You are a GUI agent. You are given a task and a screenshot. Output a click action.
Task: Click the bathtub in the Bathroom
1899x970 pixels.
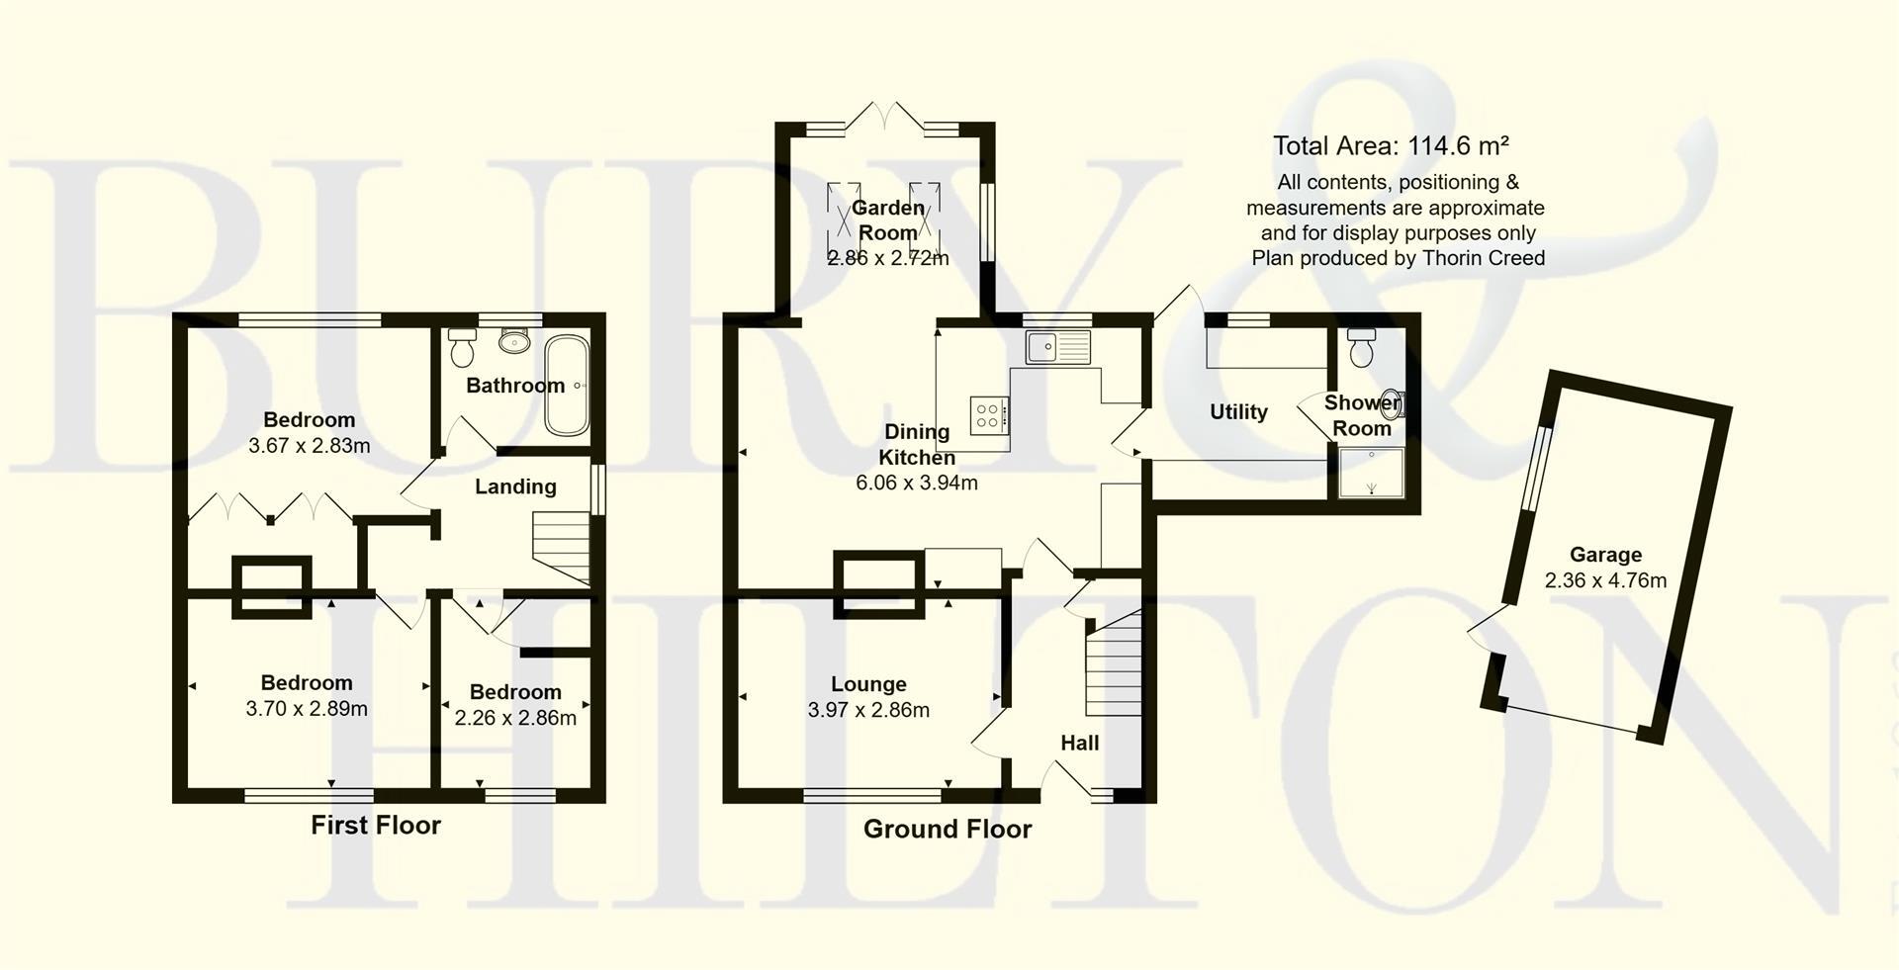pyautogui.click(x=567, y=387)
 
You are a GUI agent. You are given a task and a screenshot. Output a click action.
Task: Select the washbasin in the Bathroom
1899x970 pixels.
pyautogui.click(x=513, y=341)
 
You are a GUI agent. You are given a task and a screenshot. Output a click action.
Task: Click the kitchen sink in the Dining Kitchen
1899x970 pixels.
pyautogui.click(x=1057, y=348)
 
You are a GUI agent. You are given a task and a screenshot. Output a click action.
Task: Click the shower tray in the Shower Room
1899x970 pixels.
pyautogui.click(x=1372, y=473)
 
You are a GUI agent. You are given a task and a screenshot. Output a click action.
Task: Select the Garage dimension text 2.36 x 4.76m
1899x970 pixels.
pyautogui.click(x=1605, y=580)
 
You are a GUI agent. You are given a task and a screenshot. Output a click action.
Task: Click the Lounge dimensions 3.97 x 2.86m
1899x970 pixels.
pyautogui.click(x=868, y=710)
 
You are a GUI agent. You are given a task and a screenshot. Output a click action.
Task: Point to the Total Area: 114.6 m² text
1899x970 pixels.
pyautogui.click(x=1391, y=146)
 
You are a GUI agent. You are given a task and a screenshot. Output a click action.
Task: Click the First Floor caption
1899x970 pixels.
pyautogui.click(x=376, y=826)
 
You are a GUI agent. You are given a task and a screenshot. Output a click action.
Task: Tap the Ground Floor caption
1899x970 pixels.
pyautogui.click(x=947, y=830)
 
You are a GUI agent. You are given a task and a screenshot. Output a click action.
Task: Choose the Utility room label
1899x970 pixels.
pyautogui.click(x=1238, y=412)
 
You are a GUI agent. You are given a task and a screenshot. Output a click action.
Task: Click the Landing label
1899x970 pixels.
pyautogui.click(x=515, y=486)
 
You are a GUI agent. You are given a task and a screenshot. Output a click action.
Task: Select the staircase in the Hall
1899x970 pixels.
pyautogui.click(x=1114, y=663)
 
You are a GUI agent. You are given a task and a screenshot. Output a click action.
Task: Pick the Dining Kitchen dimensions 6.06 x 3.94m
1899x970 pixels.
pyautogui.click(x=916, y=484)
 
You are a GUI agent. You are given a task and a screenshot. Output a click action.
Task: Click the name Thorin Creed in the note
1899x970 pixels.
pyautogui.click(x=1483, y=258)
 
